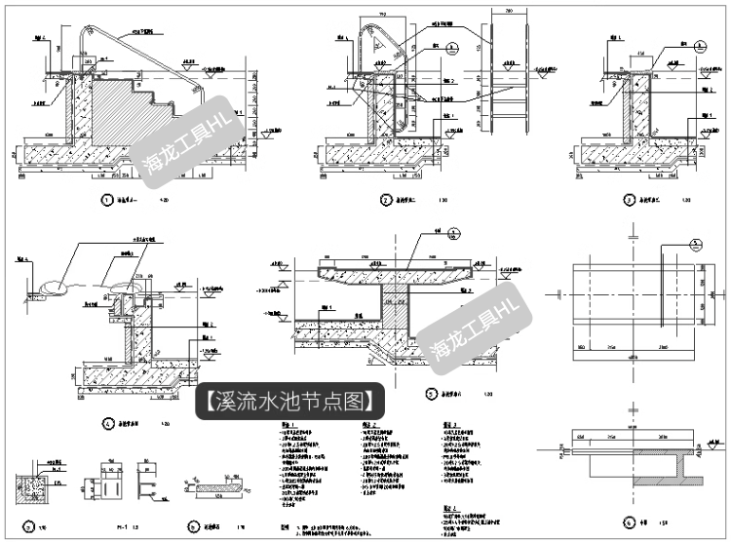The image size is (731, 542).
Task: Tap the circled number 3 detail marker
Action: coord(630,201)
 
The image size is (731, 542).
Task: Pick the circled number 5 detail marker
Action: coord(430,394)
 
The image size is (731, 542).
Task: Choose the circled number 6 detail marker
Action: coord(631,523)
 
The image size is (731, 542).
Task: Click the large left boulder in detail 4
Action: coord(53,287)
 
